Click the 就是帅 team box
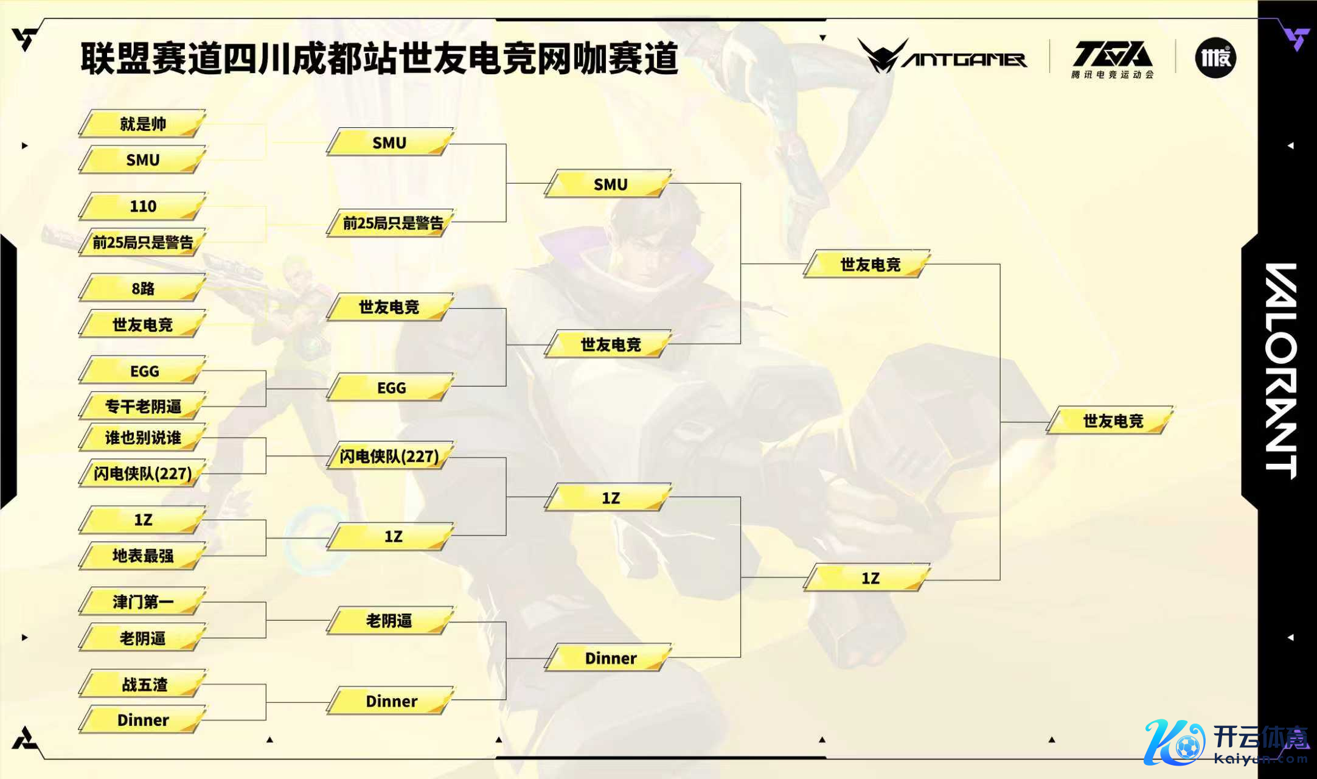coord(142,124)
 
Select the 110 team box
coord(142,206)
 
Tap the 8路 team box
coord(142,288)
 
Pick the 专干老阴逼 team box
coord(142,407)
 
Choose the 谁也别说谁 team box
coord(142,438)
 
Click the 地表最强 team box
coord(142,556)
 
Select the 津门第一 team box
coord(142,602)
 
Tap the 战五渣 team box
coord(142,685)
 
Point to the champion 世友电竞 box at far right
coord(1111,421)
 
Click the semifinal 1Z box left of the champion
coord(869,578)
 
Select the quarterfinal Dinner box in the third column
coord(610,658)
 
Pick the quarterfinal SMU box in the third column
coord(610,184)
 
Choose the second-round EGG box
coord(391,388)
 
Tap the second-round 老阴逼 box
coord(389,621)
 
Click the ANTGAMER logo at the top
coord(942,57)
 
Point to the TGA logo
coord(1112,58)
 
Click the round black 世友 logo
coord(1215,58)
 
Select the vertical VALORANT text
coord(1281,371)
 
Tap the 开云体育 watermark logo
coord(1226,742)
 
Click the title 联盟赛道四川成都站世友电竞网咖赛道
coord(379,58)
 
